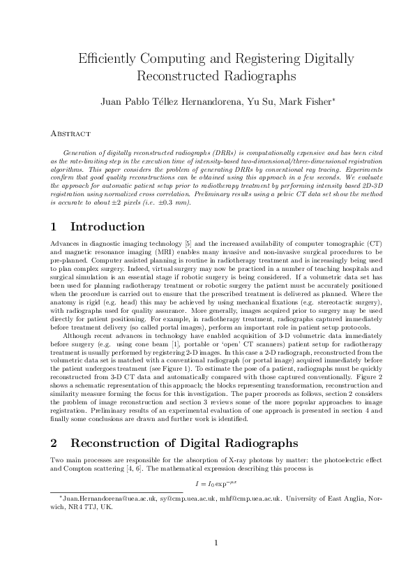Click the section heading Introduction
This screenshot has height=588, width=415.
coord(107,226)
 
